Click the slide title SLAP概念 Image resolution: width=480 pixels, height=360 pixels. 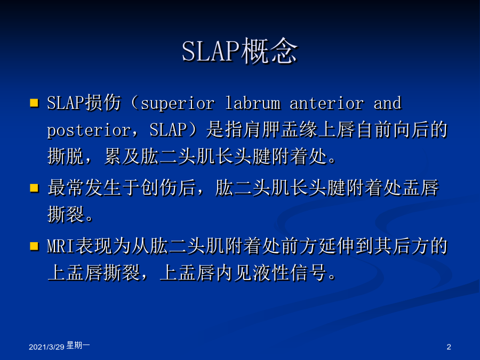coord(239,51)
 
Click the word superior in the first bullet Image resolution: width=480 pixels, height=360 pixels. coord(178,103)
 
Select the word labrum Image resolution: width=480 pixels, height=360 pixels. coord(253,103)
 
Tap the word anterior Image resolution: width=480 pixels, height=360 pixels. coord(327,103)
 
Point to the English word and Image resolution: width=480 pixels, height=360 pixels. coord(387,103)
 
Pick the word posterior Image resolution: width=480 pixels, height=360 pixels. coord(89,131)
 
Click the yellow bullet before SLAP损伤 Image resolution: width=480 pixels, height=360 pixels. coord(34,103)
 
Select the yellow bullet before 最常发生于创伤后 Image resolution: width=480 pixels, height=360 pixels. coord(34,188)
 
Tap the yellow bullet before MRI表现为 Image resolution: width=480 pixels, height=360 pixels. coord(34,246)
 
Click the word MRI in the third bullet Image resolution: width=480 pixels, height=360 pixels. coord(61,246)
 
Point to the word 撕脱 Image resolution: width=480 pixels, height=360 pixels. coord(66,156)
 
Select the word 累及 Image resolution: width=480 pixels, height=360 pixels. coord(123,156)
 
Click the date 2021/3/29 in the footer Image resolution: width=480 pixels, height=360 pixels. coord(46,347)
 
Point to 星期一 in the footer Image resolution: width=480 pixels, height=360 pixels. coord(78,345)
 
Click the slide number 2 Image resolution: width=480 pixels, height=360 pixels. coord(449,347)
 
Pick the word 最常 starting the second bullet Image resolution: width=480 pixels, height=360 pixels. coord(66,188)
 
